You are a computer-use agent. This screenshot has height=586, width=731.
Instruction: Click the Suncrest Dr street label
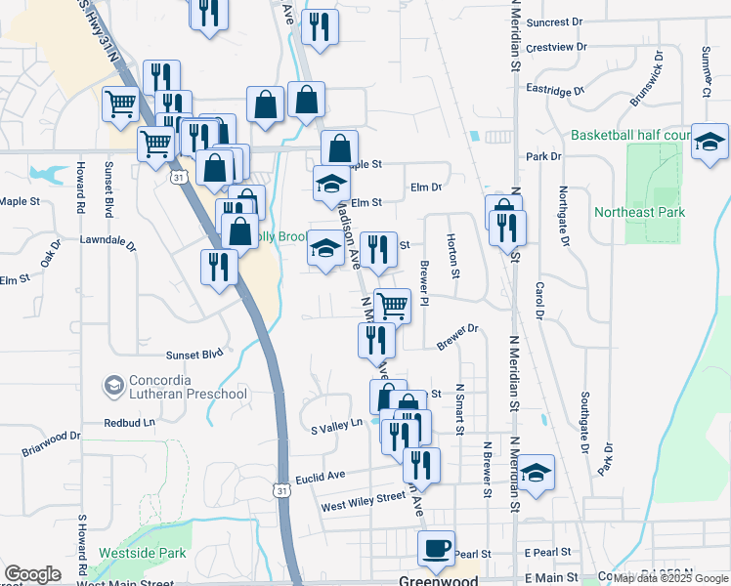[553, 21]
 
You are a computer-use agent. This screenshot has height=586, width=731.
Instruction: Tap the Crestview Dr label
[555, 47]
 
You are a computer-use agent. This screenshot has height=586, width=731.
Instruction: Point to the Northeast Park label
[640, 212]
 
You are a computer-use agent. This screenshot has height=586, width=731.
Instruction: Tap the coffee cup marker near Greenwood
[436, 548]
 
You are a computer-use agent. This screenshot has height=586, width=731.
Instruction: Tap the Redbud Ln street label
[130, 423]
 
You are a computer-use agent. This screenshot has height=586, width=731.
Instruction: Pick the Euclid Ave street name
[322, 476]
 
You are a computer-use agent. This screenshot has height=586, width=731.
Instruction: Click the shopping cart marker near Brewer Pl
[392, 305]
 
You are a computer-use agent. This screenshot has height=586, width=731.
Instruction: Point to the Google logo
[32, 574]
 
